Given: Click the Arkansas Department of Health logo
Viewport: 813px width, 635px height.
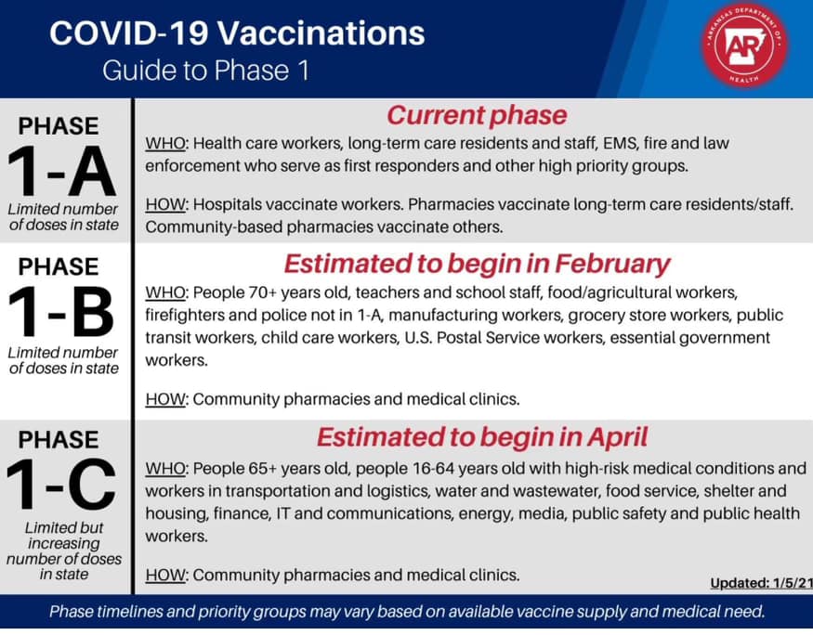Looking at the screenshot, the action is pyautogui.click(x=745, y=45).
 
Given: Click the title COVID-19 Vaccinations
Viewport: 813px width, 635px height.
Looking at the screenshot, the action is pyautogui.click(x=237, y=33).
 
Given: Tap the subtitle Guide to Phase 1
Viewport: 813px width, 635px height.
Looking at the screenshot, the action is pyautogui.click(x=206, y=70).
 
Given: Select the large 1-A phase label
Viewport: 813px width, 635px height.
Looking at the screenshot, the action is pyautogui.click(x=61, y=172).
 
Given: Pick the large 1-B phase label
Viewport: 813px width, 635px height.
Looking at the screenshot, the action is pyautogui.click(x=61, y=312).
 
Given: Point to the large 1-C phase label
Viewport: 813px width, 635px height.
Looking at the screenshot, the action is pyautogui.click(x=61, y=485).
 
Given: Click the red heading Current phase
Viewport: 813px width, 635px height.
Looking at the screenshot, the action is pyautogui.click(x=477, y=115).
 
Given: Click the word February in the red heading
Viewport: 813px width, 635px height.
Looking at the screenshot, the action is pyautogui.click(x=612, y=265).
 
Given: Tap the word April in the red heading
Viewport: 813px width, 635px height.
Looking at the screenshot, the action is pyautogui.click(x=618, y=437).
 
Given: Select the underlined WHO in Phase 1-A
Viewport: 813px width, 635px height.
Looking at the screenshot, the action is pyautogui.click(x=165, y=143).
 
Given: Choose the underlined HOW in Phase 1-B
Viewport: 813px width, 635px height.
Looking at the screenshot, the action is pyautogui.click(x=165, y=399).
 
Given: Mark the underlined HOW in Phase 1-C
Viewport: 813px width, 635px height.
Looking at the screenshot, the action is pyautogui.click(x=165, y=575).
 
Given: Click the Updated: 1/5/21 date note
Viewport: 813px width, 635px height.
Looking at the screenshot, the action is pyautogui.click(x=761, y=583).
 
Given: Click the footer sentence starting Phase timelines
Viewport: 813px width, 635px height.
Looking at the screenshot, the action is pyautogui.click(x=407, y=612).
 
